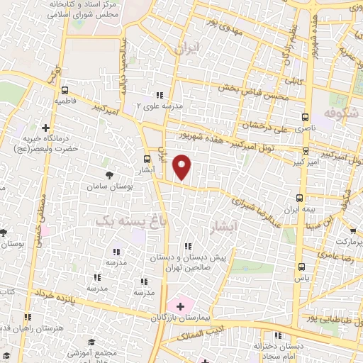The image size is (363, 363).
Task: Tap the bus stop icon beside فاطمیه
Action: pos(65,91)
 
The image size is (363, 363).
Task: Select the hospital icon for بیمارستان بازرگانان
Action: pos(180,306)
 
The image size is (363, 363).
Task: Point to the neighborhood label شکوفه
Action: pos(337,113)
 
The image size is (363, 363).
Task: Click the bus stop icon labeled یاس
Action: pos(303,267)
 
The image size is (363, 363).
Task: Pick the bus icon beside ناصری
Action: pos(306,117)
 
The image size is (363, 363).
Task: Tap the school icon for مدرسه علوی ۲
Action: pos(160,95)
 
